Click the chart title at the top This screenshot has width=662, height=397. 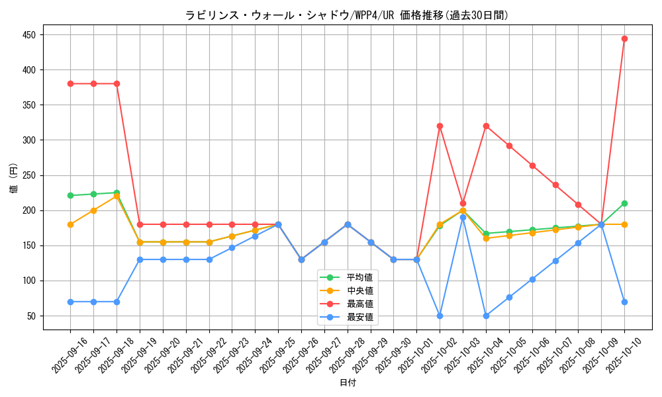(347, 15)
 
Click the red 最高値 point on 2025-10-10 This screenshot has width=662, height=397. (624, 38)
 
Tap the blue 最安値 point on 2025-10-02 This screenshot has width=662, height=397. (440, 316)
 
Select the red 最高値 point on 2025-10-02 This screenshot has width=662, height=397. (440, 126)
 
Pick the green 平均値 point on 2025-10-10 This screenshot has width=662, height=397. (624, 203)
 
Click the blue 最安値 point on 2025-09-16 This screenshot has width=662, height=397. (70, 302)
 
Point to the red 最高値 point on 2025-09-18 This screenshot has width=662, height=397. (117, 83)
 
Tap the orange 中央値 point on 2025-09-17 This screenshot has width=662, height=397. (93, 210)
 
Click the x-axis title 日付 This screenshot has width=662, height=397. (348, 383)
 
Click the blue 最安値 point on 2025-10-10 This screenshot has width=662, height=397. (624, 302)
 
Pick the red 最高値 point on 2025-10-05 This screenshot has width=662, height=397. (509, 146)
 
